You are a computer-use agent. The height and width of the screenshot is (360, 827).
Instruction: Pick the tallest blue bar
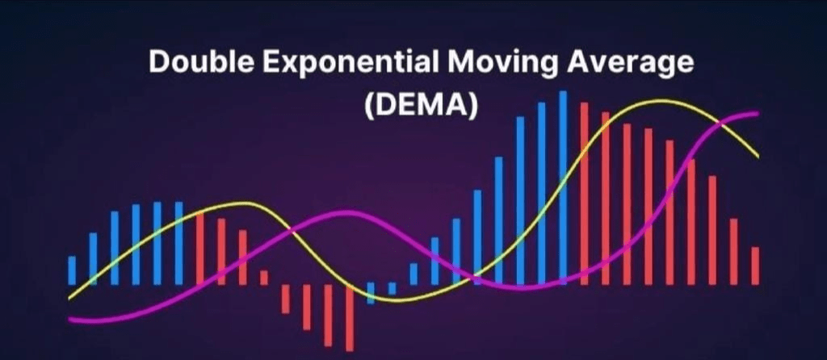(x=563, y=187)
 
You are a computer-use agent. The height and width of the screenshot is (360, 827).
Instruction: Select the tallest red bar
(x=585, y=194)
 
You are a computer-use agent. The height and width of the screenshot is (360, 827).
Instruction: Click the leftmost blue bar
(x=72, y=270)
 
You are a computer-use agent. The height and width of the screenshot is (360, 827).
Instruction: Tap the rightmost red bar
(x=755, y=266)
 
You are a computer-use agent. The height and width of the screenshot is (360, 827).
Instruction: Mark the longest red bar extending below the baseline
(x=349, y=318)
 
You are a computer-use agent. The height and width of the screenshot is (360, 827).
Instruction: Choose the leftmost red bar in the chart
(x=200, y=249)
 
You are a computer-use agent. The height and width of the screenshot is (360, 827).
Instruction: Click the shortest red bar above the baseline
(x=264, y=278)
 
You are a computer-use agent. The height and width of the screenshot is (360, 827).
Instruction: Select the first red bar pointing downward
(x=285, y=299)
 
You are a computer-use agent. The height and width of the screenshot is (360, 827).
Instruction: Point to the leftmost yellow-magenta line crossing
(x=291, y=231)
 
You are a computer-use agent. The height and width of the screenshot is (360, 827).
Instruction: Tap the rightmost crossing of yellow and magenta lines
(x=721, y=123)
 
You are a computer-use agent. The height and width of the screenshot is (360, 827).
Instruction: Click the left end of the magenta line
(x=69, y=319)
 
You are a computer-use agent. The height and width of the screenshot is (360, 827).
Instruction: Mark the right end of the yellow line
(x=758, y=157)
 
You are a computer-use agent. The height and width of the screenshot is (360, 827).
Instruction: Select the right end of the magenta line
(x=758, y=113)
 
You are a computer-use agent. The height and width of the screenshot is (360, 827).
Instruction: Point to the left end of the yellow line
(x=69, y=299)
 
